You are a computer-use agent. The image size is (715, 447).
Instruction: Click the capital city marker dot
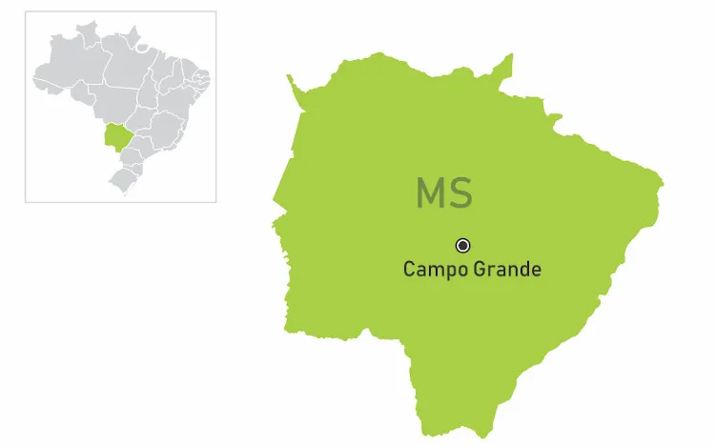pos(463,245)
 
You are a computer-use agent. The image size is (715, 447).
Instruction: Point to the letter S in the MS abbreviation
pos(460,193)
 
